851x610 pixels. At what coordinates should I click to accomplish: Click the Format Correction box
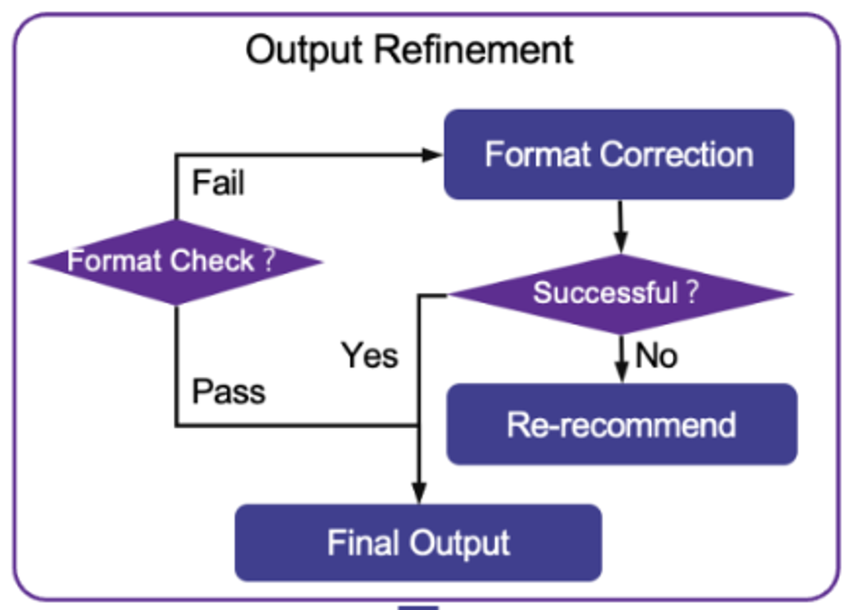click(619, 154)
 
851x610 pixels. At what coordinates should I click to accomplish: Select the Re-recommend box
click(622, 424)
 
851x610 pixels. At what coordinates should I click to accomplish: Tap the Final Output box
click(418, 543)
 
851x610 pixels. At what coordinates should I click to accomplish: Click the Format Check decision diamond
click(176, 262)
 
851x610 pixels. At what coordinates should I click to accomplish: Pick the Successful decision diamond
click(621, 294)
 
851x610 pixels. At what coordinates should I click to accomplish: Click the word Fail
click(218, 183)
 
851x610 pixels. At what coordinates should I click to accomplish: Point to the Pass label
click(228, 391)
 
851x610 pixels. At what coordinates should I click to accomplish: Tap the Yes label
click(370, 356)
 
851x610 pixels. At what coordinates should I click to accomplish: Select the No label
click(656, 356)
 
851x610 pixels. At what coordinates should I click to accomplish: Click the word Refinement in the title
click(474, 50)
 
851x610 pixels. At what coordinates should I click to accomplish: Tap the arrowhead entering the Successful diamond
click(621, 242)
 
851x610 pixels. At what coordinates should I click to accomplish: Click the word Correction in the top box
click(677, 154)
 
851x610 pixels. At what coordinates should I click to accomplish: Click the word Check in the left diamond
click(212, 260)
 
